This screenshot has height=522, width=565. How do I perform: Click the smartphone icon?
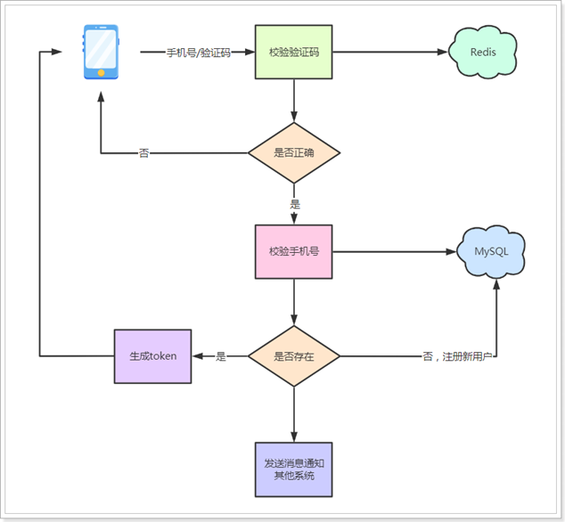tap(101, 52)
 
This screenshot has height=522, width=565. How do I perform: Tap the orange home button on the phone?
tap(102, 73)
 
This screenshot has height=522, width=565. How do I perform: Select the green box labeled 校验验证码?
tap(294, 52)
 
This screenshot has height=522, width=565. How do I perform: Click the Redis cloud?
tap(482, 52)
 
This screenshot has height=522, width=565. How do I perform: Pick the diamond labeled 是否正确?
tap(294, 152)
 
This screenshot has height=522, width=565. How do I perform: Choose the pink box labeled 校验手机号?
tap(294, 252)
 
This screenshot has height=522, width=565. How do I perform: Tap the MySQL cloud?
tap(491, 252)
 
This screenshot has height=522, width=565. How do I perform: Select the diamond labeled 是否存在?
tap(294, 356)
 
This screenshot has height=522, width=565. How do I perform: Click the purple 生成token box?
tap(152, 356)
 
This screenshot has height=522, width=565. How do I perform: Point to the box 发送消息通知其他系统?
tap(294, 469)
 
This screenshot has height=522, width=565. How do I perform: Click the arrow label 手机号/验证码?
tap(198, 53)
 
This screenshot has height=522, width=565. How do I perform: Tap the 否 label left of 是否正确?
tap(143, 153)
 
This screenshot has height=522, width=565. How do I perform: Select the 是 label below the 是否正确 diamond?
tap(295, 204)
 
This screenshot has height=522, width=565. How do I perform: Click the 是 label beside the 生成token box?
tap(220, 356)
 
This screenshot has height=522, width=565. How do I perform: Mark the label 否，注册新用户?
tap(458, 356)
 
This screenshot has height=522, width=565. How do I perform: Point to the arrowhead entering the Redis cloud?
tap(443, 52)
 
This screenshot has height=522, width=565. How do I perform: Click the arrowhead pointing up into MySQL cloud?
tap(496, 284)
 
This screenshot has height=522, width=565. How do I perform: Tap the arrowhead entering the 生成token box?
tap(198, 356)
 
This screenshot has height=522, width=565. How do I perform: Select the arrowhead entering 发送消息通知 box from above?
tap(294, 436)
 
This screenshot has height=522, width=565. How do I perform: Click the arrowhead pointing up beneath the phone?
tap(102, 96)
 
